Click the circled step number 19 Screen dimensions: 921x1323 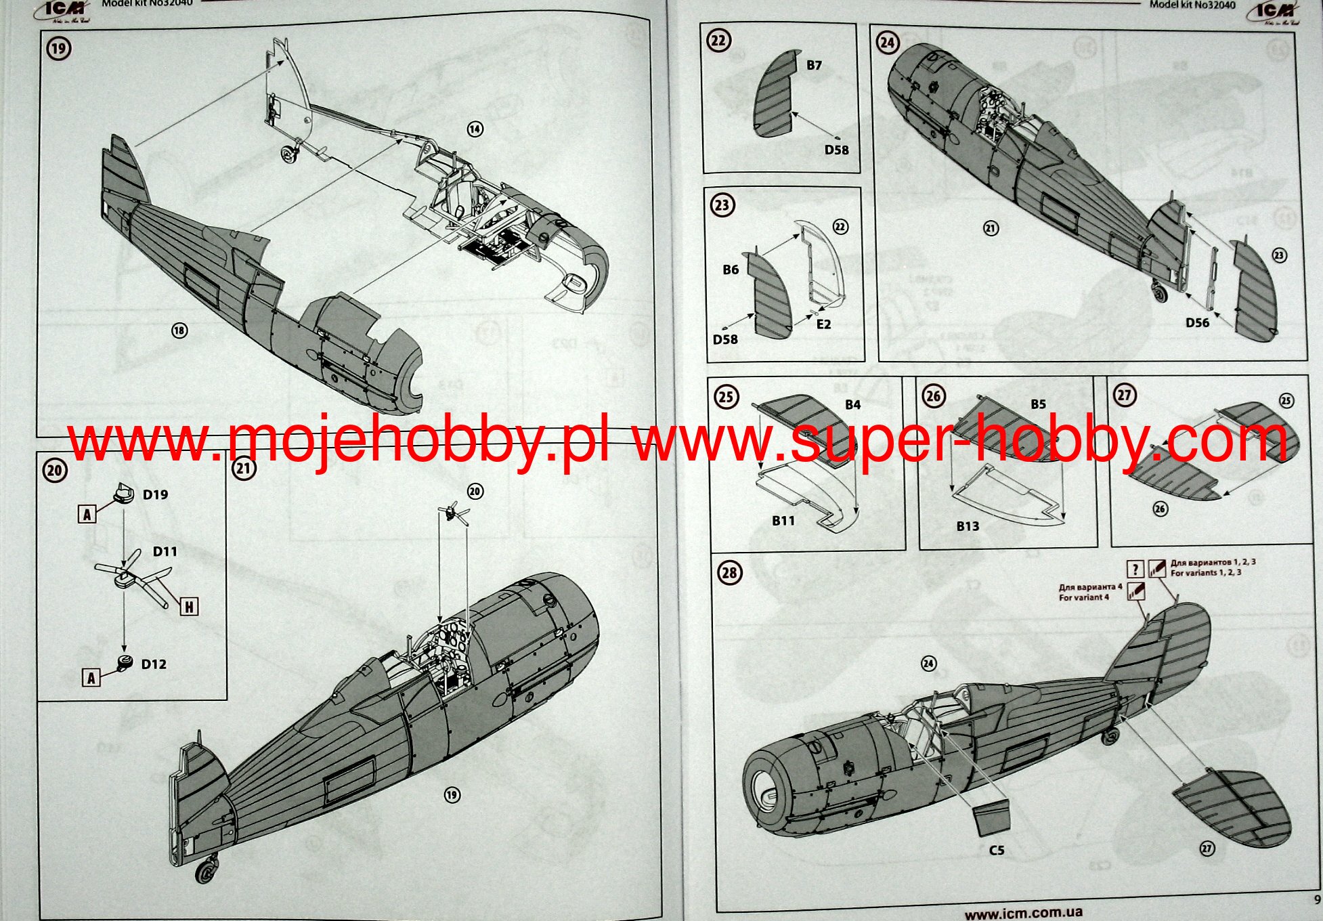coord(59,49)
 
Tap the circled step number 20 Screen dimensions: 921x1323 coord(55,471)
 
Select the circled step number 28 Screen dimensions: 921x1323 coord(729,572)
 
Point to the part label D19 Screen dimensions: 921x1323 coord(155,495)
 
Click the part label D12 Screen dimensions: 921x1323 coord(154,664)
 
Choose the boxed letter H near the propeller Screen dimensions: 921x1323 coord(189,607)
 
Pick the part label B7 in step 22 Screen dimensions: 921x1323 coord(814,66)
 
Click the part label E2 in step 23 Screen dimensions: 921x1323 coord(823,324)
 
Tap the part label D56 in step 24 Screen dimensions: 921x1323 coord(1197,323)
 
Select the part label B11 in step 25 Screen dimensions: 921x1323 coord(783,521)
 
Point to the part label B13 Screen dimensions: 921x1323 coord(968,526)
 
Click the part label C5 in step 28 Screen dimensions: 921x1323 coord(997,851)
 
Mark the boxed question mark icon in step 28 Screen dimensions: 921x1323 coord(1135,569)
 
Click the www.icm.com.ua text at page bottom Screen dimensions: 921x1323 coord(1023,914)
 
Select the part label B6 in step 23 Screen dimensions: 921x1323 coord(731,270)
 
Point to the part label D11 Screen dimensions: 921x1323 coord(165,552)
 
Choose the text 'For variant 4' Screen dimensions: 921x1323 coord(1084,598)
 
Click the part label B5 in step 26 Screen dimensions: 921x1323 coord(1038,404)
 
